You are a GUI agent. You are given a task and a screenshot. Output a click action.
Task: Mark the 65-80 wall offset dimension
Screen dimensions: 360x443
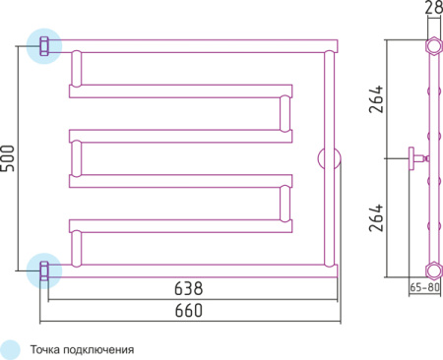424,287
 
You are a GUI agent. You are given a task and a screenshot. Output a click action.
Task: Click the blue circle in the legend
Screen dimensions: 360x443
11,348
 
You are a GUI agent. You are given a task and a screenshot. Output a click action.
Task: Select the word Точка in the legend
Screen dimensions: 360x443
47,349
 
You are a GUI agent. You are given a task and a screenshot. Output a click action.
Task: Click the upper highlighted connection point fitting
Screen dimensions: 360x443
43,45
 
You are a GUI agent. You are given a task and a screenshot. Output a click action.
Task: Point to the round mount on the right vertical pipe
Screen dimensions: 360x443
329,157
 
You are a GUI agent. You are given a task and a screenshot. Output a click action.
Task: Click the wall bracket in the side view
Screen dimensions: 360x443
416,156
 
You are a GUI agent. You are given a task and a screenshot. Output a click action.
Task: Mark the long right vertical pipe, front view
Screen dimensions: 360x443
329,108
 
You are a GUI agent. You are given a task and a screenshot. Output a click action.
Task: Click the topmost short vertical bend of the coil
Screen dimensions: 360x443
76,70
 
